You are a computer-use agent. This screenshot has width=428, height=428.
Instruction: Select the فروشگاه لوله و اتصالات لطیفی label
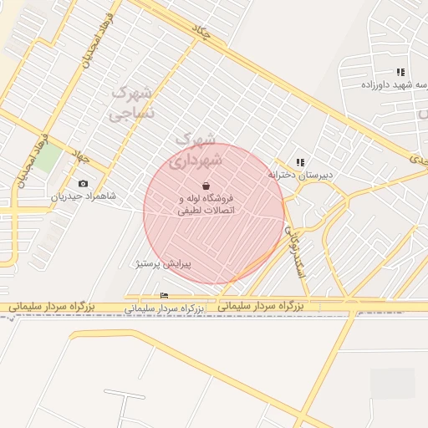point(206,205)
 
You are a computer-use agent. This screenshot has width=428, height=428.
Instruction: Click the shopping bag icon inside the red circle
point(206,185)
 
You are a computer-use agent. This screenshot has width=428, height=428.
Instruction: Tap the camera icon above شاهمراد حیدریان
point(83,184)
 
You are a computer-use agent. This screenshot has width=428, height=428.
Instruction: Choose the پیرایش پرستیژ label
point(164,263)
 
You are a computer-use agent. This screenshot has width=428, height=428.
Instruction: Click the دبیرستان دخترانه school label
point(300,175)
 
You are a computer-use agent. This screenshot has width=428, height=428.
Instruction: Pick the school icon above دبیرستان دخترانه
point(300,162)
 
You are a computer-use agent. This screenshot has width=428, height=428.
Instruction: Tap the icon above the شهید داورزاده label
point(400,72)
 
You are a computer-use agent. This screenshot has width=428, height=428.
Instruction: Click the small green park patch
point(47,158)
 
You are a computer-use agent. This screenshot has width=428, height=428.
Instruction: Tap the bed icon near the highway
point(164,295)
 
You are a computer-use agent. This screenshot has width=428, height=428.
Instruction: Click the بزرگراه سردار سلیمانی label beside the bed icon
point(165,308)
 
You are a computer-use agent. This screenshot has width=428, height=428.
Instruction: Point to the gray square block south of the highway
point(392,384)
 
